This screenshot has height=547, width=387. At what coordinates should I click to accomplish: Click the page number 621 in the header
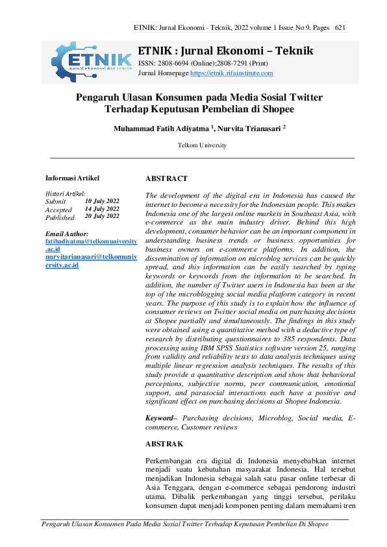click(340, 27)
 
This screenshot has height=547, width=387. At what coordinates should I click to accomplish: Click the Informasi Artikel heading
click(72, 178)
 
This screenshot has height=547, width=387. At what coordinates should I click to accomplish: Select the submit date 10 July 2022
click(102, 201)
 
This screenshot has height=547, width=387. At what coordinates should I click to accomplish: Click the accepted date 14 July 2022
click(102, 209)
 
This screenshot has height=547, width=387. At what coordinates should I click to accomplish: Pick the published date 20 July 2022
click(102, 217)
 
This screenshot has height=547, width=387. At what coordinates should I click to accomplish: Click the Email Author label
click(67, 234)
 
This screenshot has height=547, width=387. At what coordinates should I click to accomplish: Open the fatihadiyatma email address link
click(91, 241)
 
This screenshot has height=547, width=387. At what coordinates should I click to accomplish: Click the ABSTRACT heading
click(166, 178)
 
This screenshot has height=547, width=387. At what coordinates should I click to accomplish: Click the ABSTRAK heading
click(164, 444)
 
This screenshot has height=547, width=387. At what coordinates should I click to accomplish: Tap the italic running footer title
click(185, 524)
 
